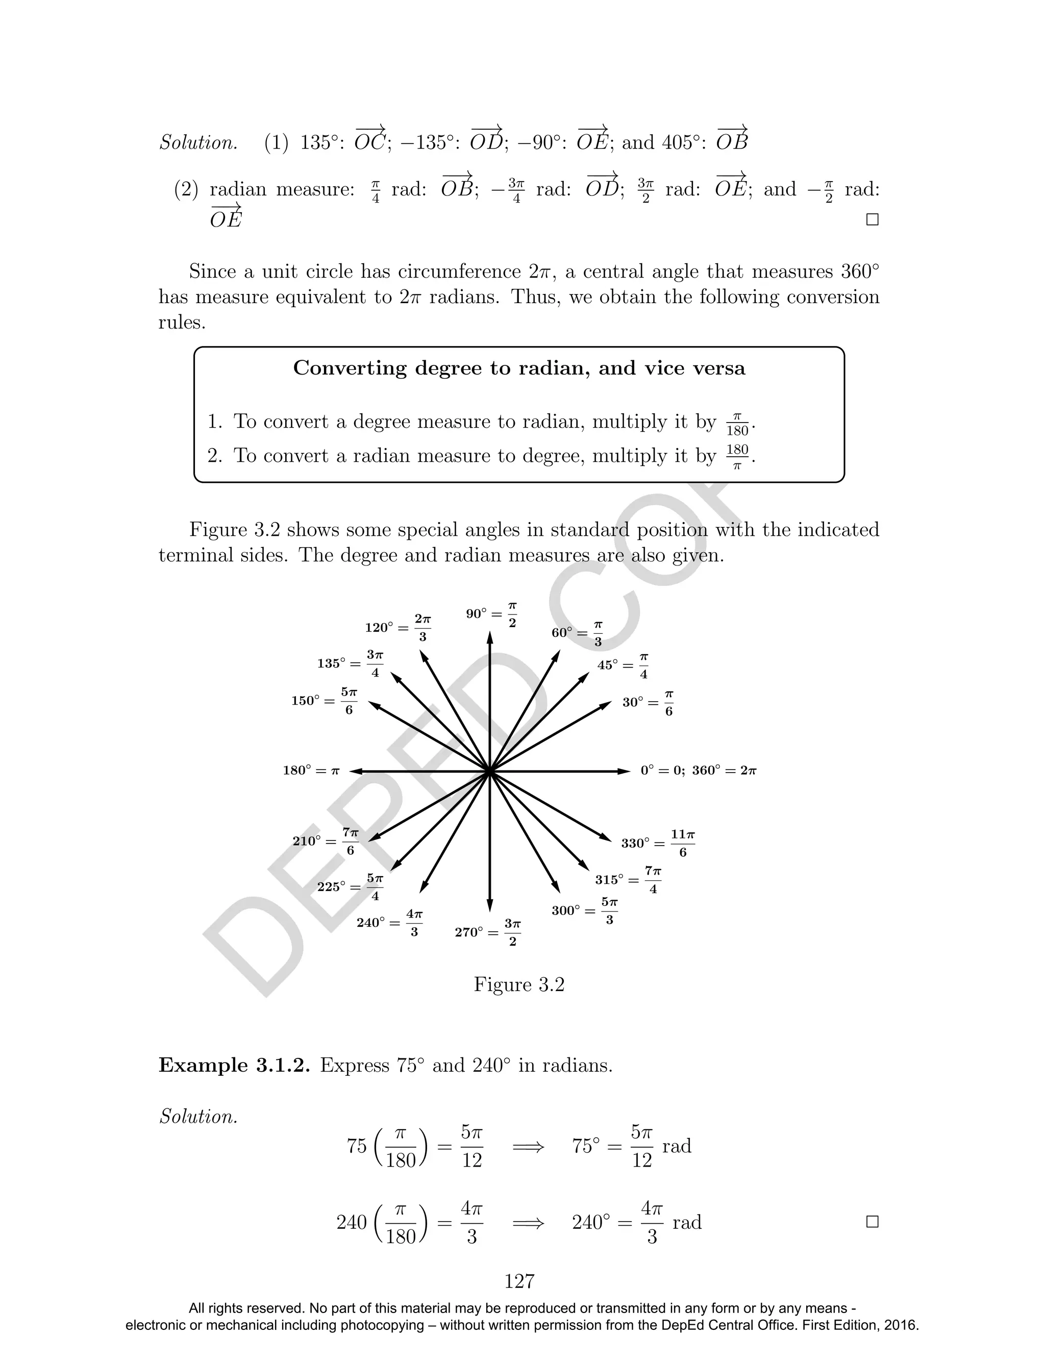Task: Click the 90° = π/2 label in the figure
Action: tap(491, 614)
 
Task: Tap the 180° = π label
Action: tap(311, 771)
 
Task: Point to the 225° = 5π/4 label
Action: tap(350, 886)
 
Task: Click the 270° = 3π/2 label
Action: tap(488, 932)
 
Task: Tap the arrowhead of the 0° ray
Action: tap(626, 771)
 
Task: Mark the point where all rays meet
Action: tap(490, 772)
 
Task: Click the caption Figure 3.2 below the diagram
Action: tap(519, 984)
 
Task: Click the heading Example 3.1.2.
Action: tap(234, 1066)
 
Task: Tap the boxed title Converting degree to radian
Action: tap(519, 368)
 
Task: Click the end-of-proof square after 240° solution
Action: tap(872, 1222)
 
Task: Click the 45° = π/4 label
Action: tap(623, 665)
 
